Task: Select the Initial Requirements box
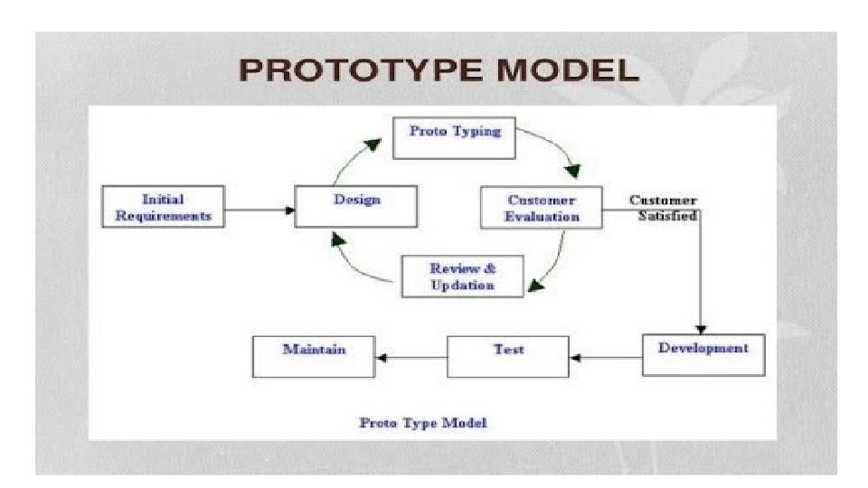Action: pyautogui.click(x=164, y=207)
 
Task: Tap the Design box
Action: pyautogui.click(x=356, y=206)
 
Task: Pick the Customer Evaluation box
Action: pyautogui.click(x=542, y=208)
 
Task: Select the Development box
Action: pyautogui.click(x=703, y=354)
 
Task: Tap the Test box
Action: pyautogui.click(x=509, y=355)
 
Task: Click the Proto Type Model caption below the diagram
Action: pyautogui.click(x=423, y=422)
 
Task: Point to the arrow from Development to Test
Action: pyautogui.click(x=607, y=358)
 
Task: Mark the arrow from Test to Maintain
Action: pyautogui.click(x=411, y=358)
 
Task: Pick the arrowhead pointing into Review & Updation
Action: pyautogui.click(x=536, y=286)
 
